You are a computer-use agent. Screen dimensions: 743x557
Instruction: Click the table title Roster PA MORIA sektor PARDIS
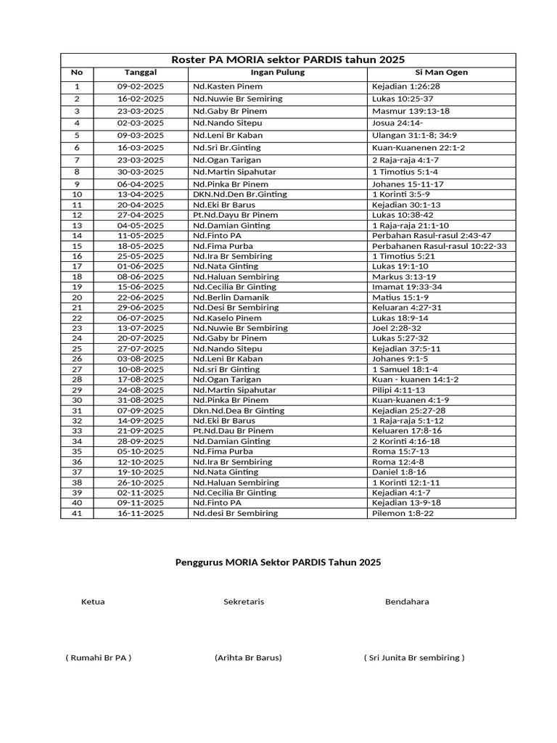[287, 59]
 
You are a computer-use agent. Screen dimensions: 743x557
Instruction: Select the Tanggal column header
[141, 73]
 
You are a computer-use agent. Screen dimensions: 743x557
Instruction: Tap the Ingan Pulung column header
[278, 73]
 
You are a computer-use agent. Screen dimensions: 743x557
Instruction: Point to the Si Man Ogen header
[441, 73]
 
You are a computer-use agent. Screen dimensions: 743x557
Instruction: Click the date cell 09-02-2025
[141, 86]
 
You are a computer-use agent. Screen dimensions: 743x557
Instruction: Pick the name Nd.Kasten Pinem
[228, 86]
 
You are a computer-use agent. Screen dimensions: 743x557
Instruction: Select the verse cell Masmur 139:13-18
[410, 111]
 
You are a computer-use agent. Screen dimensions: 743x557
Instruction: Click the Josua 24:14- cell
[397, 123]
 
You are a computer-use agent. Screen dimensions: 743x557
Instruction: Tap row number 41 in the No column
[77, 513]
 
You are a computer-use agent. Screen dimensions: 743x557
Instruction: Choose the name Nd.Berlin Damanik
[231, 297]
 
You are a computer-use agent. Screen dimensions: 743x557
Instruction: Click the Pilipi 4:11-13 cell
[398, 390]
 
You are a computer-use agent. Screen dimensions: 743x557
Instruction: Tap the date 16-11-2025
[141, 513]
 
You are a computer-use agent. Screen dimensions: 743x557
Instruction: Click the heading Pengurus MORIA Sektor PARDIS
[278, 562]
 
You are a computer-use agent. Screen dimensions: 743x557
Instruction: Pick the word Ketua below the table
[93, 602]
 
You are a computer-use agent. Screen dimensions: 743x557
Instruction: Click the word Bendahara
[407, 602]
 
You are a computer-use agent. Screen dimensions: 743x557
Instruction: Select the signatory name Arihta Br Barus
[248, 657]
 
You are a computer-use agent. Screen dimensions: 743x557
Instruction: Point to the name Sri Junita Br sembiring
[414, 657]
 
